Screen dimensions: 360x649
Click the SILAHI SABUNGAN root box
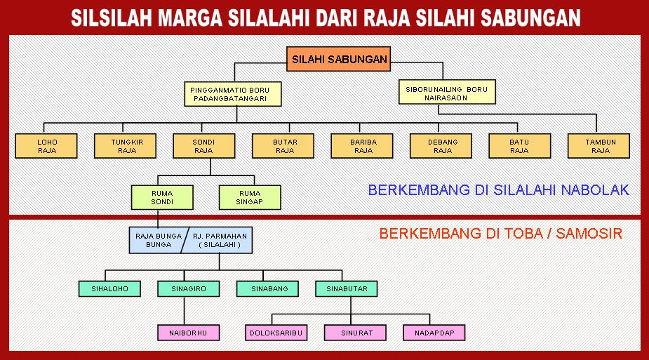click(x=339, y=60)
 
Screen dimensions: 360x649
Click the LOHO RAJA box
click(x=47, y=146)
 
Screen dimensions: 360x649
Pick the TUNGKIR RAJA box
click(x=126, y=146)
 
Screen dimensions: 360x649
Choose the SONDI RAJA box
click(x=204, y=146)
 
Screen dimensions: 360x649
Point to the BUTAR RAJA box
click(x=283, y=146)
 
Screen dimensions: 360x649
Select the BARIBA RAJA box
click(x=363, y=146)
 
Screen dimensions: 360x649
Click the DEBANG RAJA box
click(x=441, y=146)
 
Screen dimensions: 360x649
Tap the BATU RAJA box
click(x=520, y=146)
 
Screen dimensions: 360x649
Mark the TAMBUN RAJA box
click(x=599, y=146)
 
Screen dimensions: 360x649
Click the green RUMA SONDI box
click(x=162, y=197)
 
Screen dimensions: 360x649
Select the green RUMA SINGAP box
click(x=250, y=197)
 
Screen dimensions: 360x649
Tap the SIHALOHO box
click(x=109, y=288)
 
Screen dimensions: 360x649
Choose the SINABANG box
click(x=267, y=288)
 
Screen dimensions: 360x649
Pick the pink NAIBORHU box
click(x=188, y=333)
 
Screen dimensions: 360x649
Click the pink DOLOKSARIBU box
click(x=276, y=333)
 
